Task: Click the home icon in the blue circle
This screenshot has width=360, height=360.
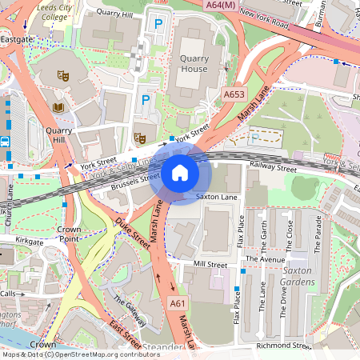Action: (x=180, y=172)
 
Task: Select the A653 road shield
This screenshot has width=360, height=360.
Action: (x=234, y=94)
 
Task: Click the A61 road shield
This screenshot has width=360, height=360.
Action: (x=177, y=304)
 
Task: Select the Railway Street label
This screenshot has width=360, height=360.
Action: (x=273, y=169)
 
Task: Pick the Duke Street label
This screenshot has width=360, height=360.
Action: (x=132, y=230)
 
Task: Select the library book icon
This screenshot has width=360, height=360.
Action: (x=58, y=106)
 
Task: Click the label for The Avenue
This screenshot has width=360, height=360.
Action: (x=265, y=259)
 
